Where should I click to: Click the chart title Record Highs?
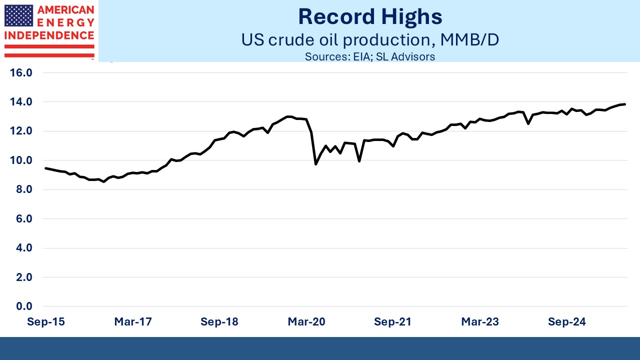click(370, 16)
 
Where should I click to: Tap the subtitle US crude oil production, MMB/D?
click(370, 39)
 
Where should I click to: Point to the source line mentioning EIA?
click(370, 56)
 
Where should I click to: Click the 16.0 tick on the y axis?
click(21, 73)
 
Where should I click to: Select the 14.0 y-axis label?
click(21, 102)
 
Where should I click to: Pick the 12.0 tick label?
click(21, 131)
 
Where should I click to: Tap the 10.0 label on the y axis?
click(21, 160)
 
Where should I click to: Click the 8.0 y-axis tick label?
click(23, 189)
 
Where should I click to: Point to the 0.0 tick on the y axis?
click(23, 306)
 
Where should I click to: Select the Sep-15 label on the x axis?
click(45, 322)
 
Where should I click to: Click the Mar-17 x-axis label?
click(133, 322)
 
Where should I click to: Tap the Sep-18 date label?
click(219, 322)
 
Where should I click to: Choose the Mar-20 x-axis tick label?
click(306, 322)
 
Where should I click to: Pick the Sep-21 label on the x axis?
click(393, 322)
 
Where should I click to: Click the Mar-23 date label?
click(480, 322)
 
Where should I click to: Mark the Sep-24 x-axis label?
click(566, 322)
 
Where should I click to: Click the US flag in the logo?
click(18, 15)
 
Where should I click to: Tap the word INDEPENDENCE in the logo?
click(49, 35)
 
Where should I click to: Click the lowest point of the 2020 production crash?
click(315, 164)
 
